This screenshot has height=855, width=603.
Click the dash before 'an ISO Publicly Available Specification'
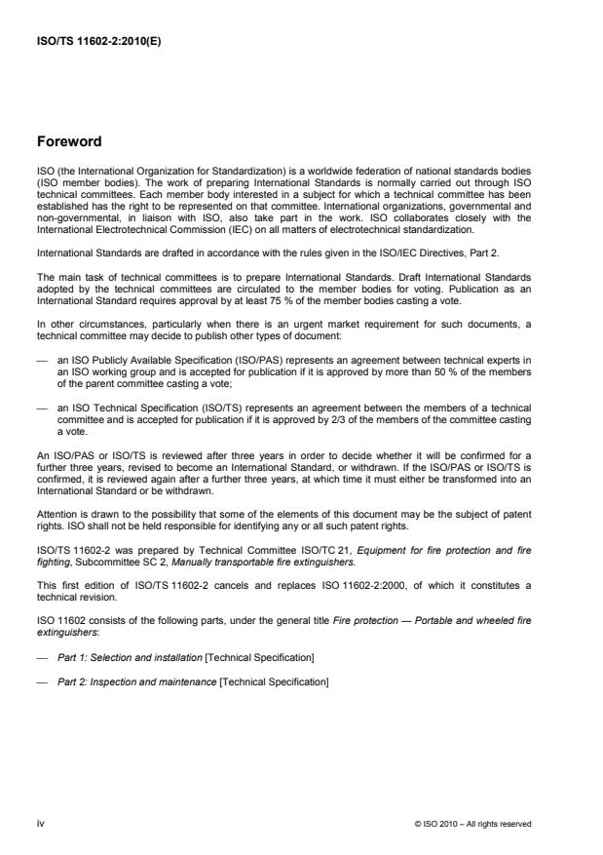[x=40, y=334]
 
